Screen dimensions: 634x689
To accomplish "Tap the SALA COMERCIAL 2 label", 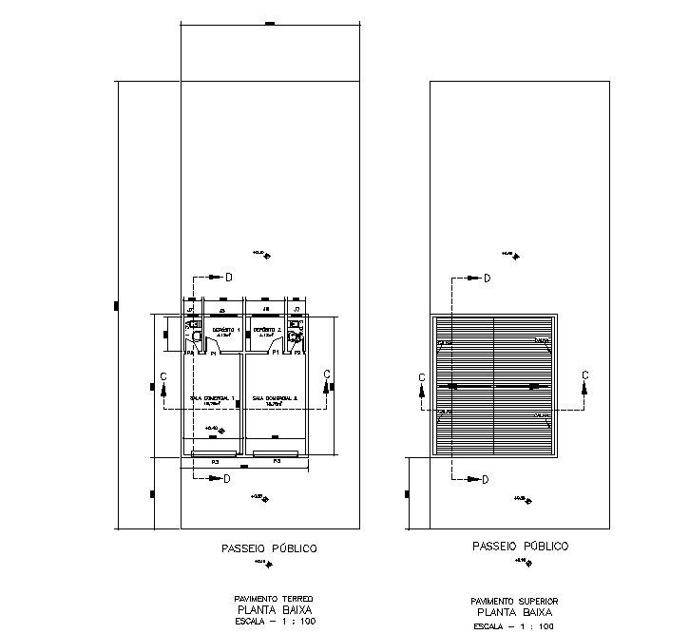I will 275,398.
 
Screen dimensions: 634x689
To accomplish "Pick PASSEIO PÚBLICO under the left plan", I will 269,548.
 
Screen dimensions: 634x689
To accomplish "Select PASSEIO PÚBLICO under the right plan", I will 520,547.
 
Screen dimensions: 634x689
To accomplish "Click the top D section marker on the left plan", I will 228,278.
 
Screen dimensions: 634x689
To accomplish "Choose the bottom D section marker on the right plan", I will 485,480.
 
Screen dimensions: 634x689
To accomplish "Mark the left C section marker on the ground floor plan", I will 164,376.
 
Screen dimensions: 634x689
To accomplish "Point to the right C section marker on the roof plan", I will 584,375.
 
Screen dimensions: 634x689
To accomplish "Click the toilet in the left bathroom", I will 194,336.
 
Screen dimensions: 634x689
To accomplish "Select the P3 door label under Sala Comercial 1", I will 215,461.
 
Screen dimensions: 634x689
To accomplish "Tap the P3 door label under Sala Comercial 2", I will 277,461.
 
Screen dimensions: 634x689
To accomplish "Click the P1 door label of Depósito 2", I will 276,353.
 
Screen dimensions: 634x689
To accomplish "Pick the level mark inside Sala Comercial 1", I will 214,429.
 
